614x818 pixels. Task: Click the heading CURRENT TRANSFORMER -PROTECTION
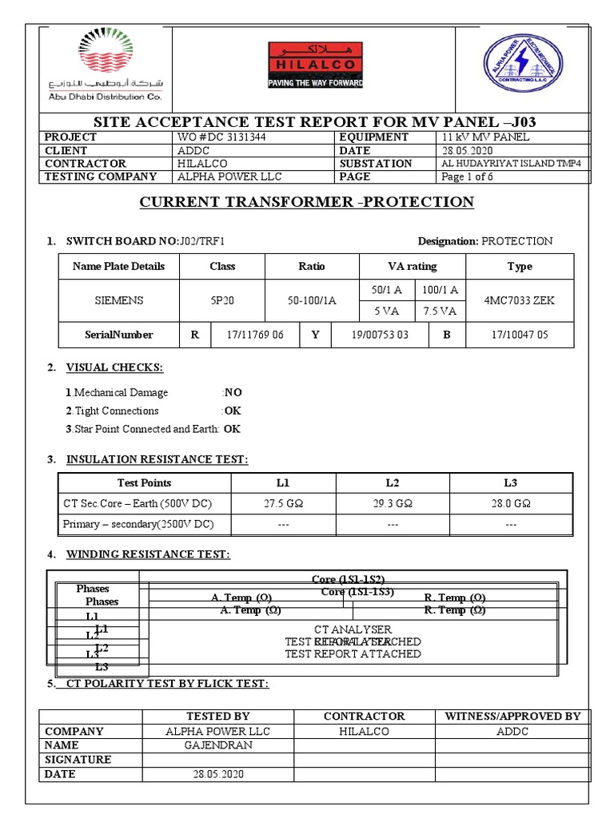click(x=307, y=202)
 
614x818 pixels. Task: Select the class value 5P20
click(x=222, y=300)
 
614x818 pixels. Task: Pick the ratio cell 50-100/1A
click(x=312, y=300)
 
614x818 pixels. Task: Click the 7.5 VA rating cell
click(x=440, y=311)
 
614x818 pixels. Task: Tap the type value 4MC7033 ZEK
click(x=519, y=300)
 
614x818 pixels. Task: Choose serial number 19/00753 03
click(x=380, y=335)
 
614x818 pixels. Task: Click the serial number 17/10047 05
click(x=520, y=335)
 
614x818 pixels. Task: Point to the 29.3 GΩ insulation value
click(x=393, y=504)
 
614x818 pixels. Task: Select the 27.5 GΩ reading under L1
click(x=283, y=504)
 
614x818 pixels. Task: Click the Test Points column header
click(x=144, y=482)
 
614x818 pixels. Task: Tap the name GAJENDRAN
click(x=217, y=745)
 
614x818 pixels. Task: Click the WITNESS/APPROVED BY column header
click(x=512, y=717)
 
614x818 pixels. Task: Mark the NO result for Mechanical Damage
click(x=233, y=393)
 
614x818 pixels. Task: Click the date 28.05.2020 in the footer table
click(x=217, y=774)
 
